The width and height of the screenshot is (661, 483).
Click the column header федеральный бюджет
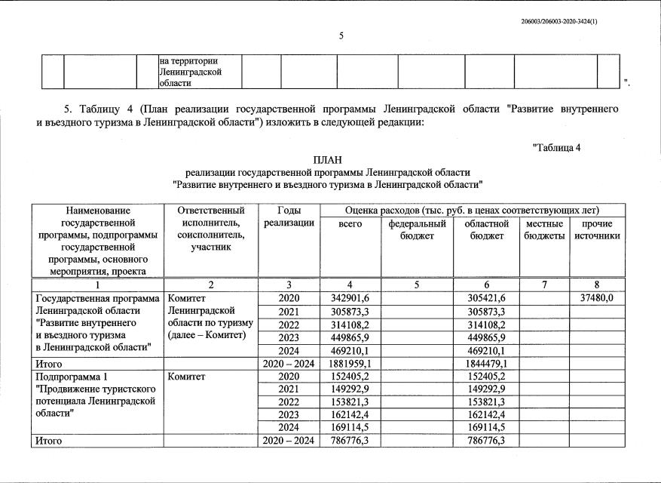tap(417, 230)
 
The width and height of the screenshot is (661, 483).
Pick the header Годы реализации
tap(289, 217)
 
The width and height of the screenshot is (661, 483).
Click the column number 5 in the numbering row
tap(417, 285)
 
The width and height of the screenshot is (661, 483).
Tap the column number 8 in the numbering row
tap(596, 285)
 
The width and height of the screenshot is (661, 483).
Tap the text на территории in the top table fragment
tap(188, 60)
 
